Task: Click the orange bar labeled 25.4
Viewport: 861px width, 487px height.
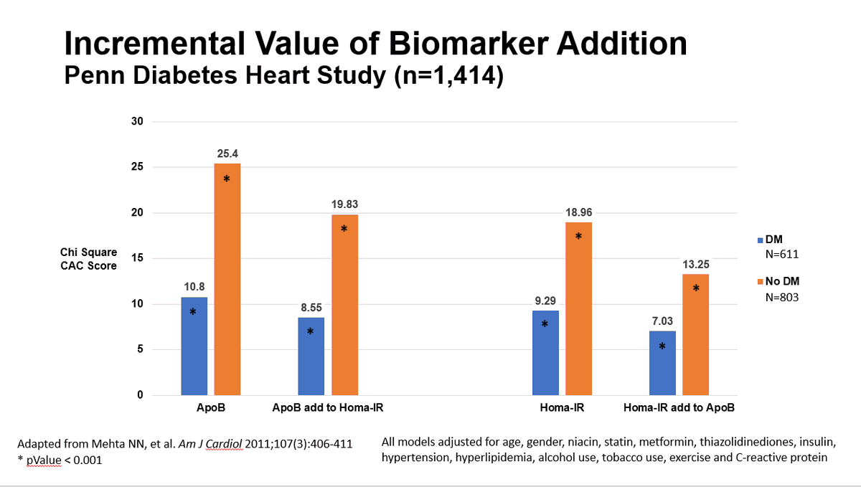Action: tap(227, 280)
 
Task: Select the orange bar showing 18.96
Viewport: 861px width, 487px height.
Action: tap(578, 308)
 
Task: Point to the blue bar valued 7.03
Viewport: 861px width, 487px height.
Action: tap(662, 363)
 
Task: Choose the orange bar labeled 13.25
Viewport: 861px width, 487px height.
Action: tap(695, 334)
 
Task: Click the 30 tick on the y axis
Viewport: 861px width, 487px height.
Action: tap(138, 122)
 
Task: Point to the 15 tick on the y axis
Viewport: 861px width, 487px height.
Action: tap(138, 258)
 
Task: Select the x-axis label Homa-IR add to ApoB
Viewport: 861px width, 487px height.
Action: tap(679, 408)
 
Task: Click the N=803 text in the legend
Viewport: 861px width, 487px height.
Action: tap(782, 296)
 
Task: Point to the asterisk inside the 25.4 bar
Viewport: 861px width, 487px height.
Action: tap(227, 179)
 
